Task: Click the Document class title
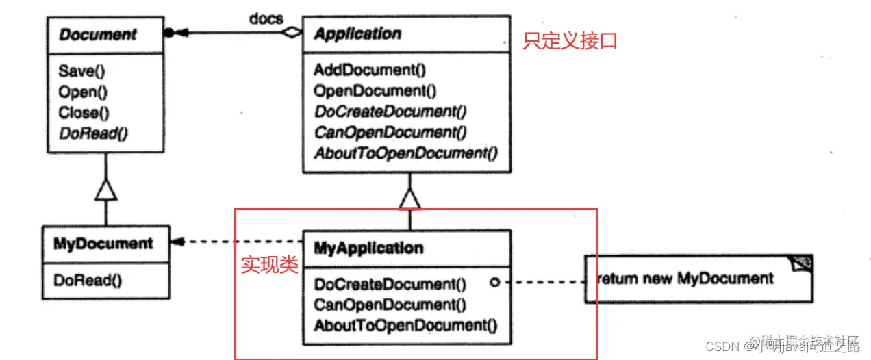pos(98,34)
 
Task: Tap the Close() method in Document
pos(84,112)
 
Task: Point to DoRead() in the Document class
pos(93,133)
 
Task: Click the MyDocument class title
pos(103,244)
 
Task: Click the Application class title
pos(357,34)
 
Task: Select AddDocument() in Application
pos(370,70)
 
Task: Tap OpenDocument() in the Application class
pos(375,90)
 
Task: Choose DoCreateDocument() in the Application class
pos(389,112)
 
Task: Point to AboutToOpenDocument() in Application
pos(405,153)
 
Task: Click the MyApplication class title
pos(368,247)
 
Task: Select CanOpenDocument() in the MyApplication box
pos(389,305)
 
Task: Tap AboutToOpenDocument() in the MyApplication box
pos(405,325)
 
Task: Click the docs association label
pos(266,18)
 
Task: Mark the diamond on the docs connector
pos(293,33)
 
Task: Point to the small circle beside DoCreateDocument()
pos(494,282)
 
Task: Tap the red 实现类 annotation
pos(269,266)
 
